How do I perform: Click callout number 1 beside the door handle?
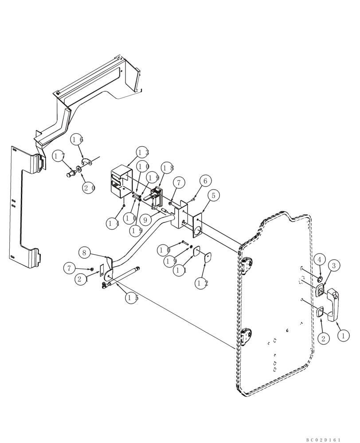tap(343, 336)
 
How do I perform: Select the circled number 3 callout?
tap(334, 266)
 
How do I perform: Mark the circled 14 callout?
tap(113, 223)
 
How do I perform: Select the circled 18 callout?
tap(168, 168)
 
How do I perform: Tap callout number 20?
tap(89, 187)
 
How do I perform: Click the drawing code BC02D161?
tap(323, 440)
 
